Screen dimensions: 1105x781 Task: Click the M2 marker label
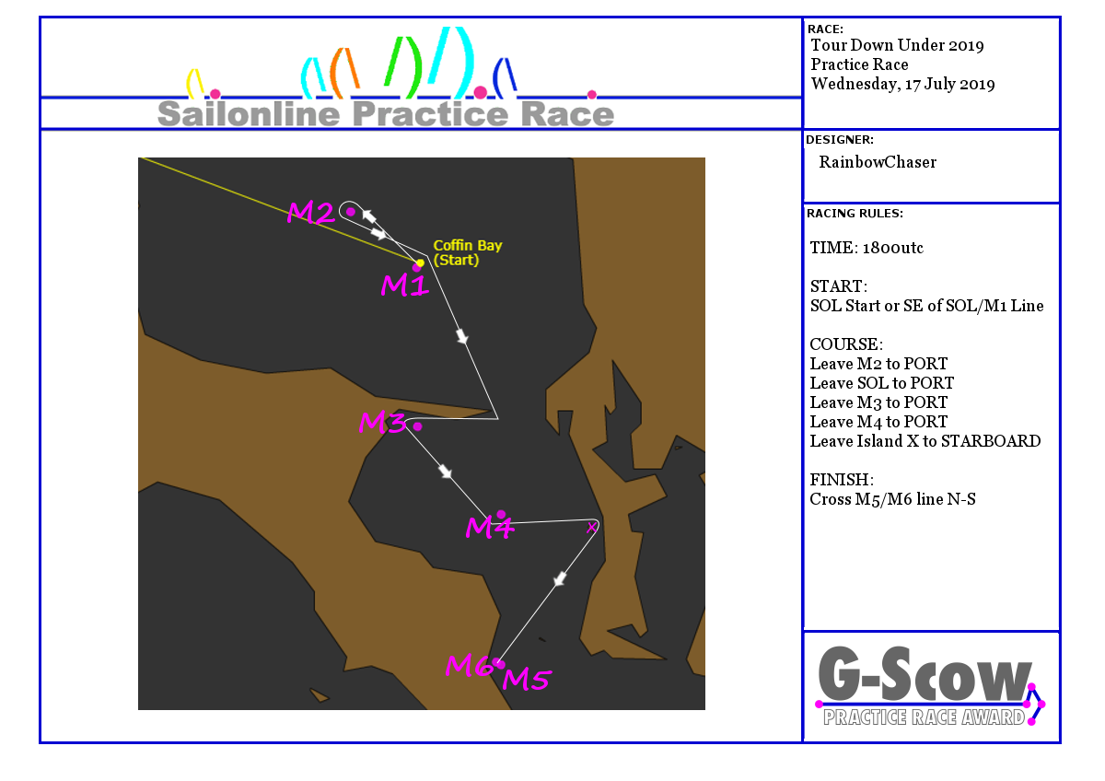pyautogui.click(x=311, y=213)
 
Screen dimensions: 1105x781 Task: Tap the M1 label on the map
pyautogui.click(x=404, y=286)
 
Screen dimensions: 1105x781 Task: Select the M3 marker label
pyautogui.click(x=382, y=423)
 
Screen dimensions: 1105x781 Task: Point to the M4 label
pyautogui.click(x=490, y=527)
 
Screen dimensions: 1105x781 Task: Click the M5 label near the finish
pyautogui.click(x=527, y=679)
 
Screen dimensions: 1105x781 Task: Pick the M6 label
pyautogui.click(x=469, y=665)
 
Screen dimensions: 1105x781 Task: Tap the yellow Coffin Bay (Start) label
pyautogui.click(x=468, y=252)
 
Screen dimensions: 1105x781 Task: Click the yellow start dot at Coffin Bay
pyautogui.click(x=420, y=263)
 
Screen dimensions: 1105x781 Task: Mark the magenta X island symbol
pyautogui.click(x=591, y=528)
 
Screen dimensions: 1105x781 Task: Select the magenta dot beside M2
pyautogui.click(x=351, y=212)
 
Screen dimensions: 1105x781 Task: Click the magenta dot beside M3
pyautogui.click(x=418, y=426)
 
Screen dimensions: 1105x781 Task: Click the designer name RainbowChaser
pyautogui.click(x=878, y=162)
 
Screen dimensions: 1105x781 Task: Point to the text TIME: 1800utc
pyautogui.click(x=867, y=248)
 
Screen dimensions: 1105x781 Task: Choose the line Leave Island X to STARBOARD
pyautogui.click(x=925, y=441)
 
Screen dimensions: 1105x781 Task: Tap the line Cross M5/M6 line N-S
pyautogui.click(x=893, y=499)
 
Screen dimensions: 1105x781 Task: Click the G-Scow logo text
pyautogui.click(x=924, y=674)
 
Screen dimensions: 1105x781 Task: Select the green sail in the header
pyautogui.click(x=403, y=65)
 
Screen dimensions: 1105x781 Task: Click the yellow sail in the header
pyautogui.click(x=194, y=83)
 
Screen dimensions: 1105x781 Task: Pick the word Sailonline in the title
pyautogui.click(x=249, y=114)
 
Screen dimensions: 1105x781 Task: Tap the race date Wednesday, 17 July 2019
pyautogui.click(x=902, y=85)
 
